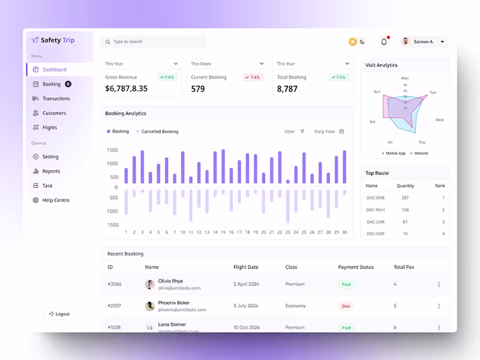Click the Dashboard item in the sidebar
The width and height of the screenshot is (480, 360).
tap(54, 70)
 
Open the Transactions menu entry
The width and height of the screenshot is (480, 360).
tap(56, 98)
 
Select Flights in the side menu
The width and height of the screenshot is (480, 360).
tap(50, 127)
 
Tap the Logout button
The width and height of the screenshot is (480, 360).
tap(58, 314)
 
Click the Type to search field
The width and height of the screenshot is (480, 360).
tap(153, 42)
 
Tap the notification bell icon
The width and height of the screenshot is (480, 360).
tap(384, 42)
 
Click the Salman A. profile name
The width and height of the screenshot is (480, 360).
tap(424, 42)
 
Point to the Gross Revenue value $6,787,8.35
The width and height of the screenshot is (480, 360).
tap(126, 89)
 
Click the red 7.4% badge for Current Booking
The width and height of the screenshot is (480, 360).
tap(253, 77)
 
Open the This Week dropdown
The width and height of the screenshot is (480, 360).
tap(227, 64)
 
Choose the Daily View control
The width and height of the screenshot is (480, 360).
tap(329, 131)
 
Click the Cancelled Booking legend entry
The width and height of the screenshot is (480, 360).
tap(160, 131)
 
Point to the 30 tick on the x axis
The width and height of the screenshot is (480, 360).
tap(344, 232)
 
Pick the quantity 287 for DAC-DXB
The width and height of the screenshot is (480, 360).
tap(405, 197)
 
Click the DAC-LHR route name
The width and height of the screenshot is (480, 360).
tap(375, 221)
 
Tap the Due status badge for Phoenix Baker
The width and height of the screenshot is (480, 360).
tap(346, 306)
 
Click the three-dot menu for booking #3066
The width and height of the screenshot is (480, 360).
tap(439, 284)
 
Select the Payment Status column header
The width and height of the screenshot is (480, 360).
tap(356, 267)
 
